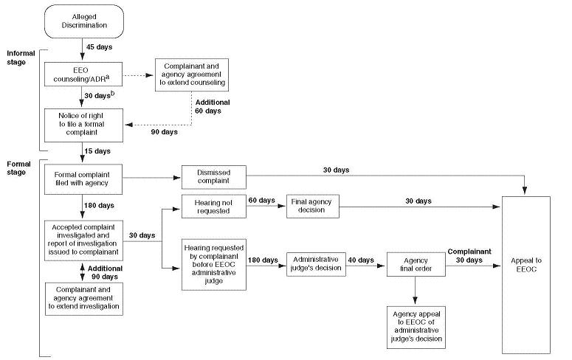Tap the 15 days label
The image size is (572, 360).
[98, 151]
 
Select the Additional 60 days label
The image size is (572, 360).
[213, 107]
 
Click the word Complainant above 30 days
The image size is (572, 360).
[470, 251]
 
